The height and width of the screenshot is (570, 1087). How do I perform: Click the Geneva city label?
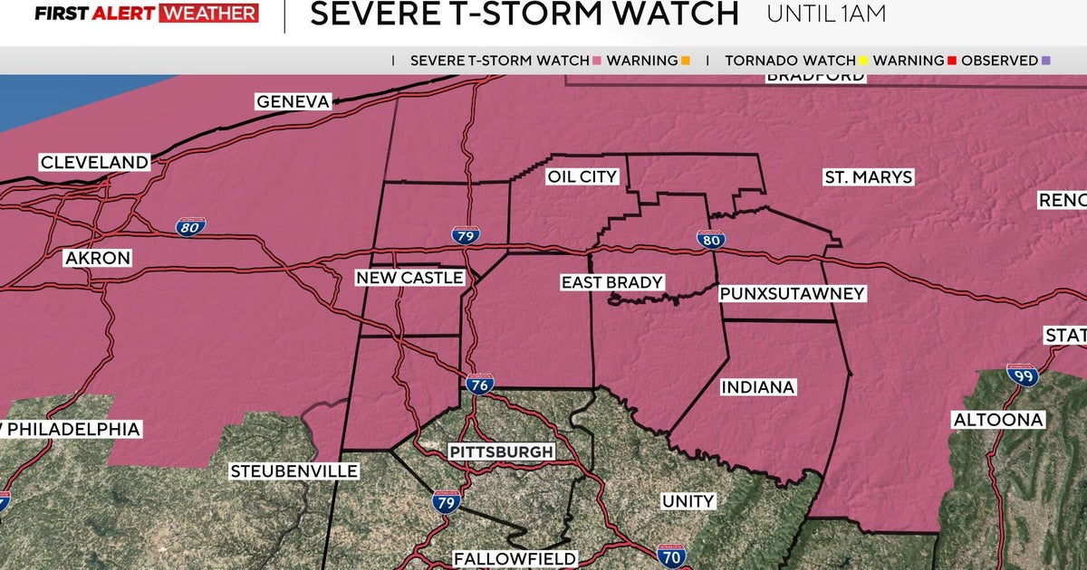293,101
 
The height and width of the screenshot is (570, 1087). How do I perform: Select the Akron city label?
98,259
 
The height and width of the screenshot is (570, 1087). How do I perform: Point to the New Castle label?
409,278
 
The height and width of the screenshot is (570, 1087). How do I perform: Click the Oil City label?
582,177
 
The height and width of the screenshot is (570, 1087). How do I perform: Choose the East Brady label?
611,283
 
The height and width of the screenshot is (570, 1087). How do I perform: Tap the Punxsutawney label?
792,294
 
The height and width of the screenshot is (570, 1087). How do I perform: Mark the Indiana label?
757,387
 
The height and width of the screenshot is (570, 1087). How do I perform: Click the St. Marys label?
868,177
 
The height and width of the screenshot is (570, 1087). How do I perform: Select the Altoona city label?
998,420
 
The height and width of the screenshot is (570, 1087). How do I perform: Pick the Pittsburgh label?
501,451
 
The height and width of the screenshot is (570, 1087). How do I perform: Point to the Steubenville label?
294,471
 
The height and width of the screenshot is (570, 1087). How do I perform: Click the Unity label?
688,501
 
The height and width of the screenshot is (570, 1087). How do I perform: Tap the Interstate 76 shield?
480,385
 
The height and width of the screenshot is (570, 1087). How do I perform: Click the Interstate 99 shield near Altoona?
1023,376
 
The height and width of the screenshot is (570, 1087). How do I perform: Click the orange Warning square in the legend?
686,61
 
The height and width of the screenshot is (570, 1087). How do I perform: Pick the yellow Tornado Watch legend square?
864,61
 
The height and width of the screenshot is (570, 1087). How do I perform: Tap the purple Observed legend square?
1046,61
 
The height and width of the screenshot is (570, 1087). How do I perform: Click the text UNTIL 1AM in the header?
825,14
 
